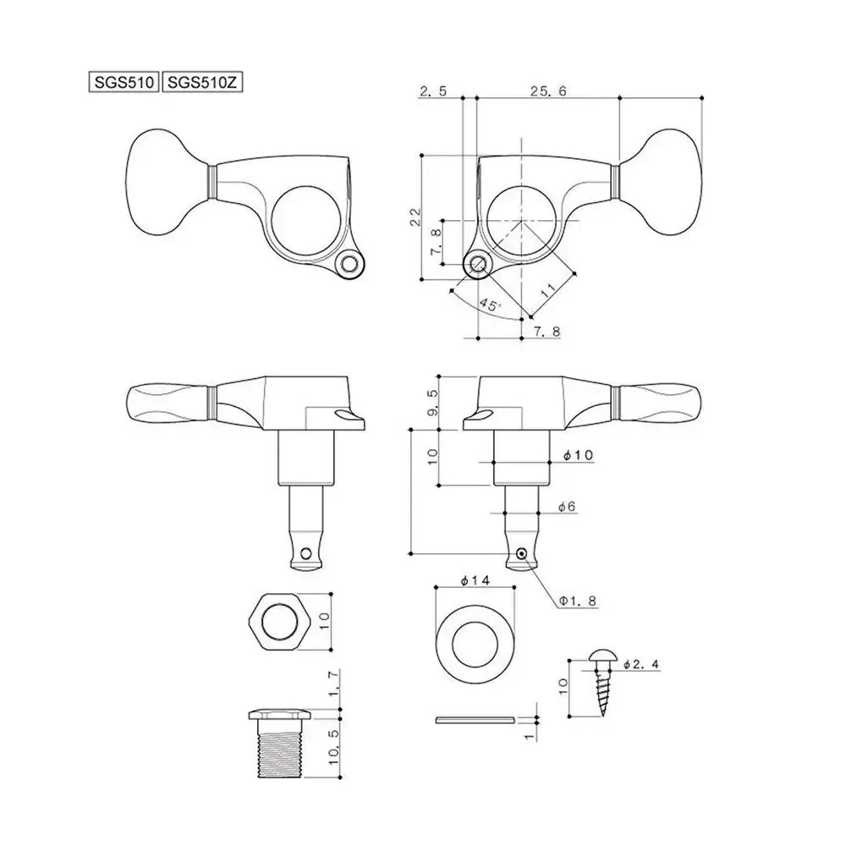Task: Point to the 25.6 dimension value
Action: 547,91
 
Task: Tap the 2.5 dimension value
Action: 432,91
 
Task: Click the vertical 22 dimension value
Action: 414,217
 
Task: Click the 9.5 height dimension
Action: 432,402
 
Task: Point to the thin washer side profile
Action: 473,720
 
